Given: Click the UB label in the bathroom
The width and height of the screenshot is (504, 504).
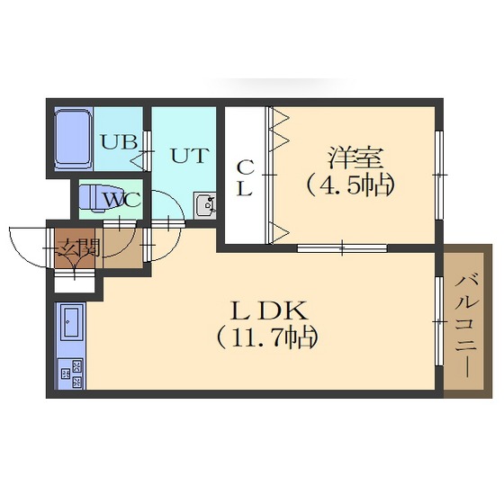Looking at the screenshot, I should point(118,142).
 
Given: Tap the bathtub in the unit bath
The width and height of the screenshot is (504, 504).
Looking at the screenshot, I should point(73,139).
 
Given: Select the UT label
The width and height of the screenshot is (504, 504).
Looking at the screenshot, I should point(188,155).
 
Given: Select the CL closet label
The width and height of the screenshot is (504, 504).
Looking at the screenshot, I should point(245,177).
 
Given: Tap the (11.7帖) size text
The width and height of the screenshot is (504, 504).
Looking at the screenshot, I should point(267,338).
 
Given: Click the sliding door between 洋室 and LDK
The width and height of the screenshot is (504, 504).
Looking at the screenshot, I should point(342,247).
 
